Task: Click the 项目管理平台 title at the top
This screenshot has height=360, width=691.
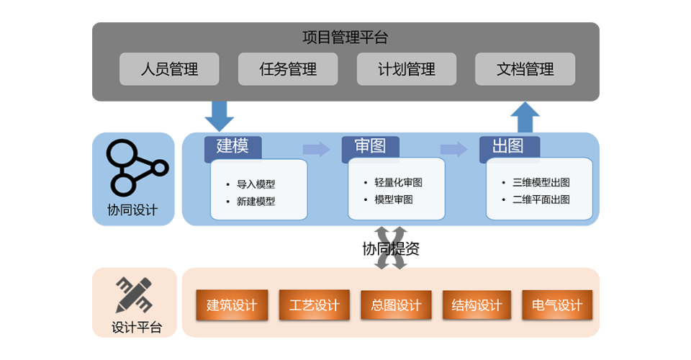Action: click(345, 37)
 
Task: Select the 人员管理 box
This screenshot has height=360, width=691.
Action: click(169, 69)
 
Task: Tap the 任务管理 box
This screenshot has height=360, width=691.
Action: click(288, 69)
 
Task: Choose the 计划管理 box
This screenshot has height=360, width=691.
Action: click(407, 69)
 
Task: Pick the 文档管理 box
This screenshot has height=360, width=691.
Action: click(525, 69)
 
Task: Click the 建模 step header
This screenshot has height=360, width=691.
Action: click(232, 147)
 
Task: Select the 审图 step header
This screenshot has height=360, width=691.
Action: click(370, 147)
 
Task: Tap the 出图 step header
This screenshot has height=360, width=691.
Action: click(508, 147)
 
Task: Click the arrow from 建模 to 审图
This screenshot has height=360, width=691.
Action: click(316, 149)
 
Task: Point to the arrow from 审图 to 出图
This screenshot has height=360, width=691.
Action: click(453, 149)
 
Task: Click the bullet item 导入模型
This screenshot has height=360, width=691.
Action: click(256, 184)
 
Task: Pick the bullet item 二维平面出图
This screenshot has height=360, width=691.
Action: click(541, 199)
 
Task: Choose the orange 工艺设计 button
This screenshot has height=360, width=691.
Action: click(314, 305)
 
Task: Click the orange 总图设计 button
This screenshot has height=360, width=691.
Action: click(396, 305)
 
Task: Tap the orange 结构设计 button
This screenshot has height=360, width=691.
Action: click(477, 305)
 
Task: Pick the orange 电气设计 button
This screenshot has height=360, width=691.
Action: click(557, 305)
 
